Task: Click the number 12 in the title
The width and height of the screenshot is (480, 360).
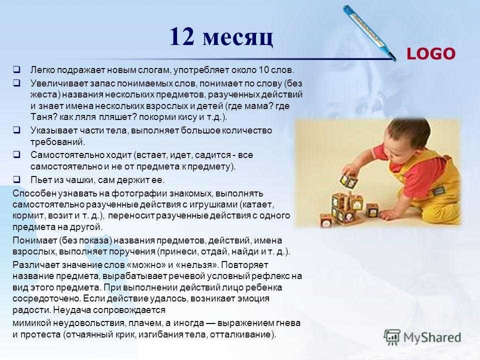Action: (182, 36)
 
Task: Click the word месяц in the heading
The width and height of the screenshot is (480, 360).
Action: (238, 38)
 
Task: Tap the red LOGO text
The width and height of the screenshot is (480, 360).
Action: (430, 54)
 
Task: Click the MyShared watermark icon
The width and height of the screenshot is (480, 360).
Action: (392, 337)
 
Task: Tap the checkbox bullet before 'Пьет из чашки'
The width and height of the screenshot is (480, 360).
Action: (16, 179)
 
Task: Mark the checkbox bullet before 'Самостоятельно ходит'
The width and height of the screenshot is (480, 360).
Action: (16, 154)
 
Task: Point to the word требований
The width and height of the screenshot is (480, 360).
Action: (57, 142)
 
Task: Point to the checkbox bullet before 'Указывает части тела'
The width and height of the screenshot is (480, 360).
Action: (16, 130)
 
